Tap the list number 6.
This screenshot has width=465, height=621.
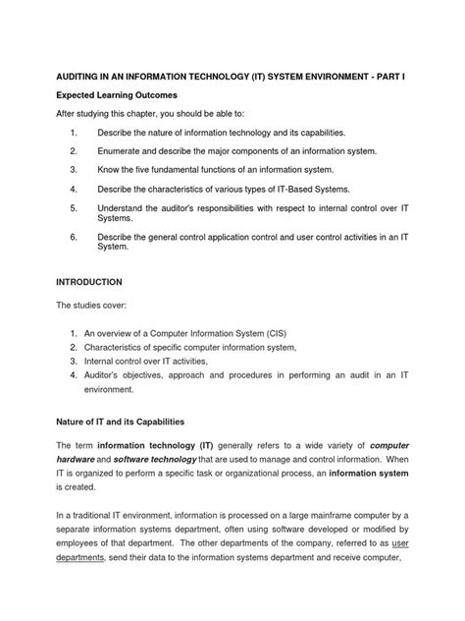pyautogui.click(x=74, y=237)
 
